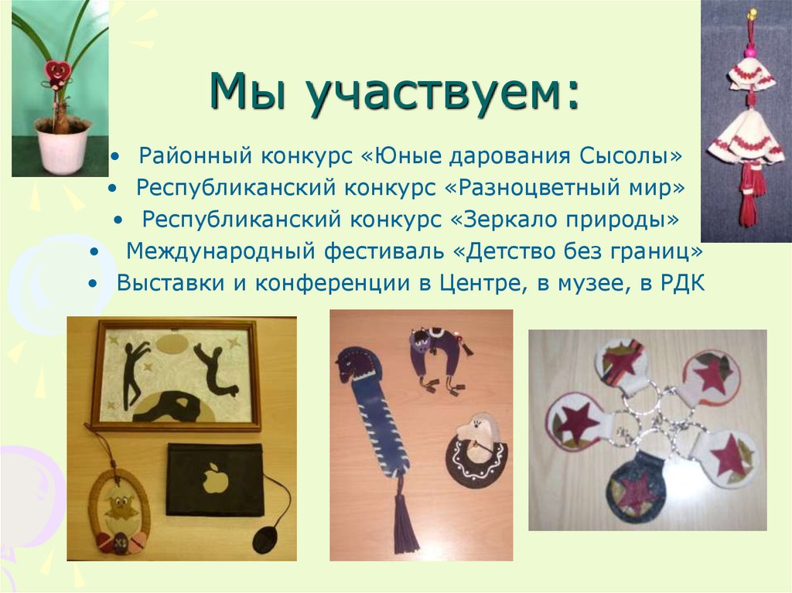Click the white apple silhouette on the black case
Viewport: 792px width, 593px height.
point(212,479)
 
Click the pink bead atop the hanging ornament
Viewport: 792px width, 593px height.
point(749,52)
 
